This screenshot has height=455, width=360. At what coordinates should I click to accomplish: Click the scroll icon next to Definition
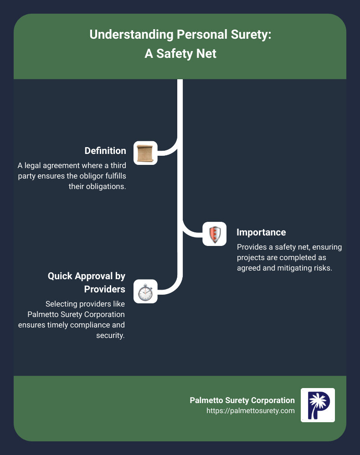click(145, 153)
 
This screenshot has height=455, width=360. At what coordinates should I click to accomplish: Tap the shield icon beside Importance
click(214, 234)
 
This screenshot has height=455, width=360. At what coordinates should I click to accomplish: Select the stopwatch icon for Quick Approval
click(145, 291)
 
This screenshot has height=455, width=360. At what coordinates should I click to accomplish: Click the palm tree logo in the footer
click(318, 405)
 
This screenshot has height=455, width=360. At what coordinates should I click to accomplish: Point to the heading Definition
click(105, 150)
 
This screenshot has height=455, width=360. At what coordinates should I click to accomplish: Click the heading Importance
click(261, 232)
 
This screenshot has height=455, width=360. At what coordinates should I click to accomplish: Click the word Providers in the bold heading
click(105, 289)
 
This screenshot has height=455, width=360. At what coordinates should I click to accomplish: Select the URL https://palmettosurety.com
click(251, 410)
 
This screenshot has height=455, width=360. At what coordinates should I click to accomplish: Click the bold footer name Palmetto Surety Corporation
click(242, 400)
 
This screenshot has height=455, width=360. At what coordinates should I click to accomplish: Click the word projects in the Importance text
click(250, 258)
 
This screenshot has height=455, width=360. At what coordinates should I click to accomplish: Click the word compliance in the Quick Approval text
click(91, 325)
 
